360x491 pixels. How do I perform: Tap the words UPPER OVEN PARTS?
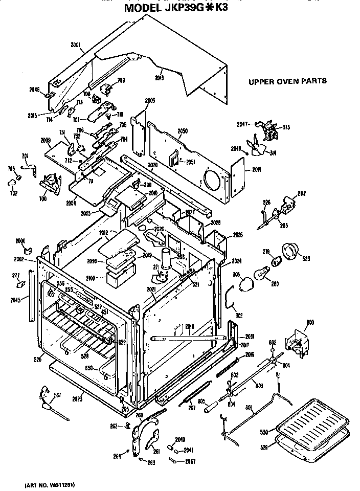[287, 81]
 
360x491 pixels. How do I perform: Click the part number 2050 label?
[183, 131]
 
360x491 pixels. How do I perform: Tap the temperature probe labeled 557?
[50, 404]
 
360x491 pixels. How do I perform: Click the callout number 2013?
[159, 77]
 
